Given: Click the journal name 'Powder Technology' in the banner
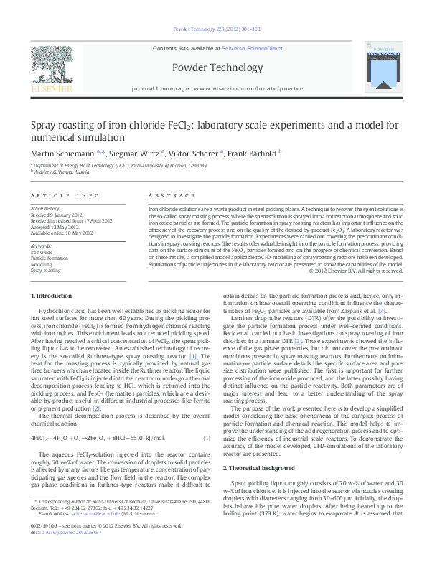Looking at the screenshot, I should pyautogui.click(x=212, y=67).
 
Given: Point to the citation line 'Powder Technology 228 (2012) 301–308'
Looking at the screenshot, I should pyautogui.click(x=213, y=29).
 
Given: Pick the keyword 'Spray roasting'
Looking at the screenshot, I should pyautogui.click(x=45, y=271).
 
